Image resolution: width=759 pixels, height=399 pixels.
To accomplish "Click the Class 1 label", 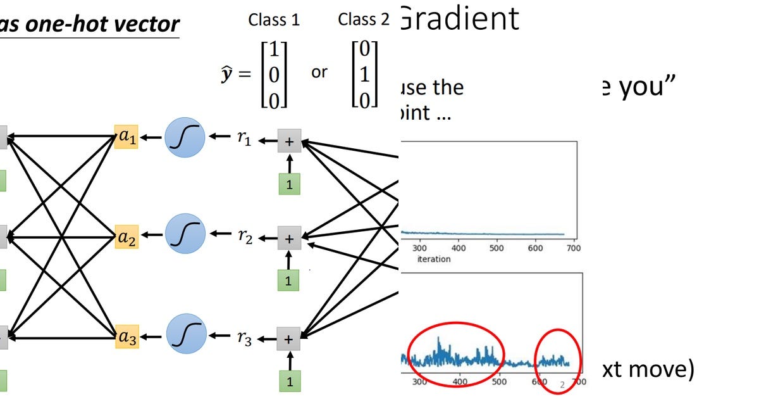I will tap(274, 20).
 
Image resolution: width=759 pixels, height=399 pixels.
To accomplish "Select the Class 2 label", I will tap(364, 20).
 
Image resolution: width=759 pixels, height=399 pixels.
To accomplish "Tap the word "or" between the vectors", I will tap(319, 72).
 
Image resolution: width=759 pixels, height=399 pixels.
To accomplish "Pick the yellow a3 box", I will tap(126, 338).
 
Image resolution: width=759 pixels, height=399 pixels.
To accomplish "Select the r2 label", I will tap(244, 238).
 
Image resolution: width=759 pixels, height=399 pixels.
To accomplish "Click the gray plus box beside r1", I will tap(289, 142).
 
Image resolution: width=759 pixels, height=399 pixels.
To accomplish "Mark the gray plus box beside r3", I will tap(289, 339).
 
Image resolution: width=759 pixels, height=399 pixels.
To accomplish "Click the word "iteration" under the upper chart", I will tap(433, 259).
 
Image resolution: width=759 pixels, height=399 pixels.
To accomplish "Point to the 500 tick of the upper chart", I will tap(497, 248).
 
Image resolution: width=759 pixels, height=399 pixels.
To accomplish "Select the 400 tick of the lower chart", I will tap(460, 383).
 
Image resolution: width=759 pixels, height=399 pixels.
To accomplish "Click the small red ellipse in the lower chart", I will tap(557, 359).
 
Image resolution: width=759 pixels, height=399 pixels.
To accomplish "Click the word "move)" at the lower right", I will tap(663, 369).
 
